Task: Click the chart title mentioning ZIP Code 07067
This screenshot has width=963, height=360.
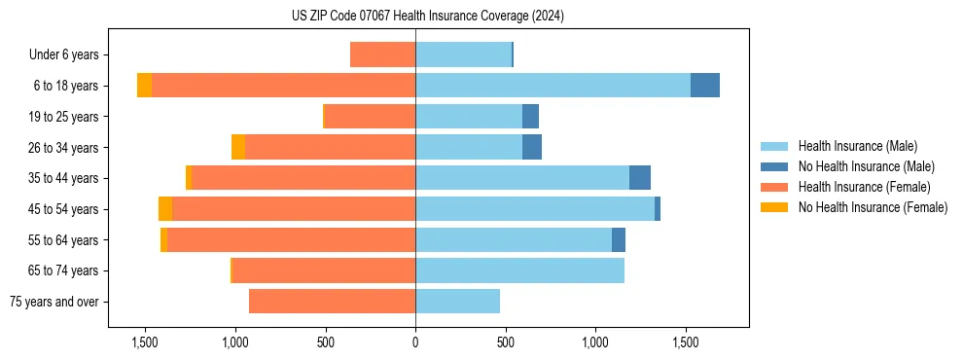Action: point(428,17)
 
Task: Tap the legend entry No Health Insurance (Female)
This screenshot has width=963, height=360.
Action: point(873,207)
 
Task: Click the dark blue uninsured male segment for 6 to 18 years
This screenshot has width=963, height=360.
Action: point(705,86)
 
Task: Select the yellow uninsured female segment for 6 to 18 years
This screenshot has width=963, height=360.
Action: point(144,86)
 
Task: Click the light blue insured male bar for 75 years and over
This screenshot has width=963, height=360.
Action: point(457,302)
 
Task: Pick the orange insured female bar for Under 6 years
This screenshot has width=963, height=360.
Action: point(382,55)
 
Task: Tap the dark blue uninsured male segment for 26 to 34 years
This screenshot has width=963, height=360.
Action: point(532,148)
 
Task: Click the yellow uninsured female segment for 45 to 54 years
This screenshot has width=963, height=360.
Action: point(165,209)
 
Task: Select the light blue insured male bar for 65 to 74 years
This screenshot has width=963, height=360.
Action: point(519,270)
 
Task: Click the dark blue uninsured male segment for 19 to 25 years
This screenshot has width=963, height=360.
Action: point(530,117)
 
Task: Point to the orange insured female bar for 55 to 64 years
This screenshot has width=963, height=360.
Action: point(291,240)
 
